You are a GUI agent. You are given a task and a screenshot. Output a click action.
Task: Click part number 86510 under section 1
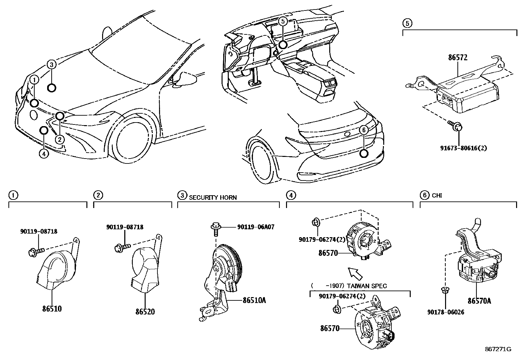pos(52,308)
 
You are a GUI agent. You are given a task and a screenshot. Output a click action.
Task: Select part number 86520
pos(145,311)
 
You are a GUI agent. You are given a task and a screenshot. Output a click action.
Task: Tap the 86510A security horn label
pos(254,299)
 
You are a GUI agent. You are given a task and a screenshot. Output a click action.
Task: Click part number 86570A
pos(479,301)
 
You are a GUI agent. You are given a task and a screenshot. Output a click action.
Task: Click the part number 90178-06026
pos(445,312)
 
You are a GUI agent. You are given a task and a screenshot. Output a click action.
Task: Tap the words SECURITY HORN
pos(213,198)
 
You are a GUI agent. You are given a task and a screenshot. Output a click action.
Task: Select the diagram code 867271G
pos(498,349)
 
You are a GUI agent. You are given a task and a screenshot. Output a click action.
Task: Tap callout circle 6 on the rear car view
pos(363,130)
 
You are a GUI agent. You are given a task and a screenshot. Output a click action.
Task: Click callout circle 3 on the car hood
pos(52,64)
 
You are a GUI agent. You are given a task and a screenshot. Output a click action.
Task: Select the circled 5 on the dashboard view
pos(283,21)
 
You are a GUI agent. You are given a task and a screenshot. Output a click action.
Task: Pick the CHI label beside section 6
pos(437,196)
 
